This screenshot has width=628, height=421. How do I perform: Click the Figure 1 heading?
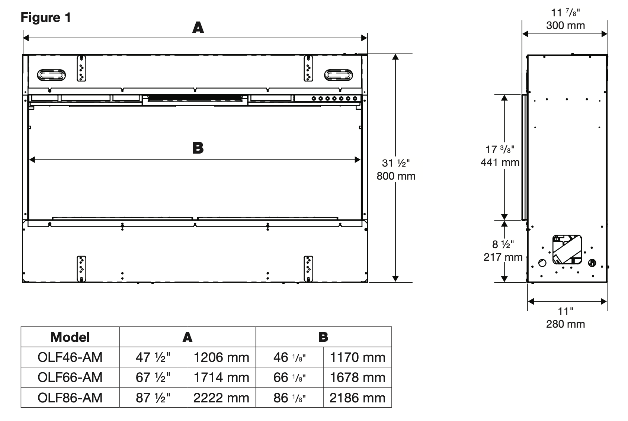[x=46, y=17]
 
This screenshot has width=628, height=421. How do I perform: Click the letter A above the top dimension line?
[x=198, y=28]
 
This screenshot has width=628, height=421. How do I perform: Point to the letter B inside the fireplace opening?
[x=198, y=148]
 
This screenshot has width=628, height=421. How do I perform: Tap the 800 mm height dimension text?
[x=396, y=176]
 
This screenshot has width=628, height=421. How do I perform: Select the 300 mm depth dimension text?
[x=565, y=26]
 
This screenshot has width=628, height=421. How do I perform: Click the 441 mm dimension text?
[x=500, y=162]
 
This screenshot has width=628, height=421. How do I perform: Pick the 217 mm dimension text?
[x=503, y=257]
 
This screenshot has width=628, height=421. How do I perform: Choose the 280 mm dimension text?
[x=565, y=324]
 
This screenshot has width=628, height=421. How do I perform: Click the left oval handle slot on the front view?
[x=51, y=75]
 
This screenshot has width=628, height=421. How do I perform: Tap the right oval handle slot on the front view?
[x=339, y=75]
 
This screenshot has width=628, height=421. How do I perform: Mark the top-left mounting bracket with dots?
[x=81, y=68]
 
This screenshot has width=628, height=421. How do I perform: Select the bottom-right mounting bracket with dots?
[x=308, y=269]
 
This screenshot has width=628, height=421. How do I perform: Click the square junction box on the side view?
[x=567, y=250]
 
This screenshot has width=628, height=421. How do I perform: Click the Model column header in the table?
[x=70, y=337]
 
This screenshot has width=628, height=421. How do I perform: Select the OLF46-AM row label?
[x=70, y=357]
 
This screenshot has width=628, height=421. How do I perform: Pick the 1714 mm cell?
[x=221, y=377]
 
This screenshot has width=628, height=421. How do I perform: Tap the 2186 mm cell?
[x=358, y=398]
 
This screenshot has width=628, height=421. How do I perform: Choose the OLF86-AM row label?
[x=70, y=398]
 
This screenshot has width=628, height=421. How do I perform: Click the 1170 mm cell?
[x=358, y=357]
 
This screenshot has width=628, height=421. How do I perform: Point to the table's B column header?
[x=324, y=337]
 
